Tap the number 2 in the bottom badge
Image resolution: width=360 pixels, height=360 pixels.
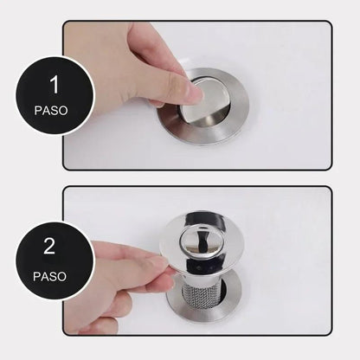pos(49,247)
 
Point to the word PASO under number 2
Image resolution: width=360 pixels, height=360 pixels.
pos(49,279)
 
